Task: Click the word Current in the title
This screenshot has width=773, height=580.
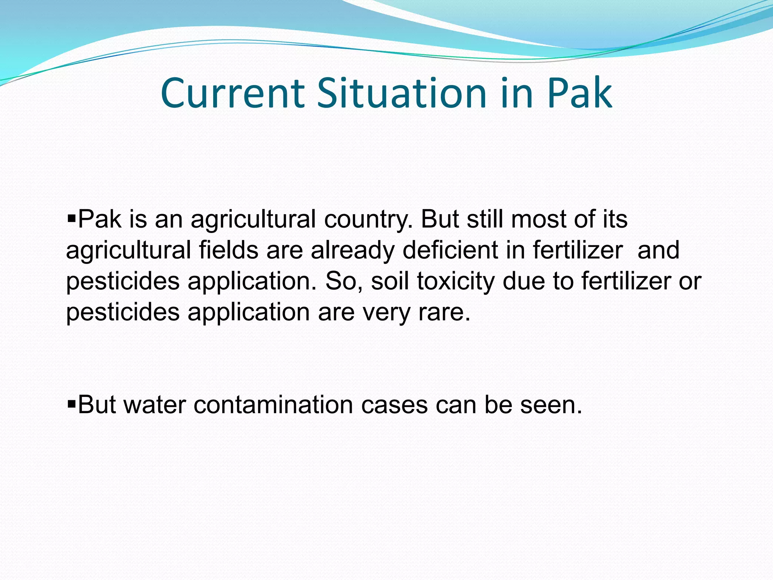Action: [x=233, y=93]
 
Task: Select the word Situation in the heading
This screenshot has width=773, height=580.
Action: [x=402, y=93]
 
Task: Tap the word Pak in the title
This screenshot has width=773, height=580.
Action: [x=579, y=93]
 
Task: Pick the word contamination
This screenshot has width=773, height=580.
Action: [x=273, y=405]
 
